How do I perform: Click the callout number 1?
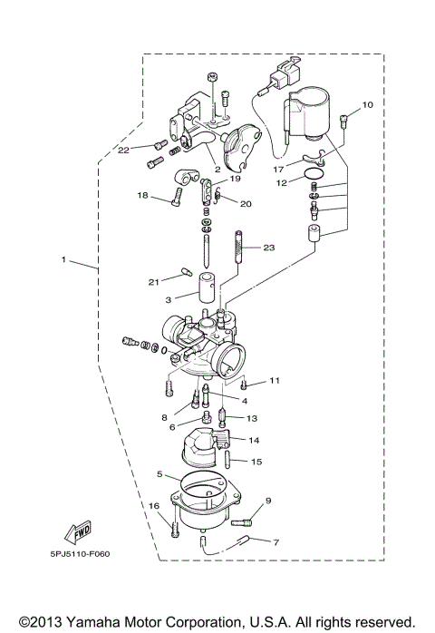point(63,260)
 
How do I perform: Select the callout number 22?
point(123,149)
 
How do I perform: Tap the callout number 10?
point(367,105)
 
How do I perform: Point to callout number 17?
point(278,168)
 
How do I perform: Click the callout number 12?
point(281,183)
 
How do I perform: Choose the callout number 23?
point(268,248)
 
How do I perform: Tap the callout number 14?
point(255,440)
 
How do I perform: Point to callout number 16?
point(153,506)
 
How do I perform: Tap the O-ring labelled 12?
point(313,173)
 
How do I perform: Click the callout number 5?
point(159,474)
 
